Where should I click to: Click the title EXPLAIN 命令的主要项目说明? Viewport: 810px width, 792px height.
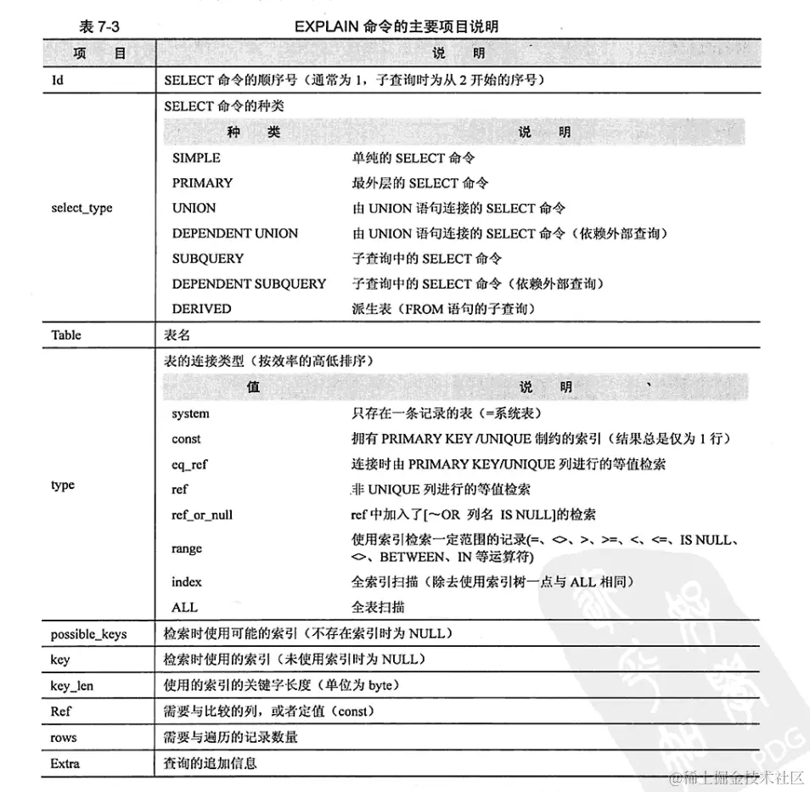point(397,27)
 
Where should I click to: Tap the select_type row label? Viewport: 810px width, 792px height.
point(82,208)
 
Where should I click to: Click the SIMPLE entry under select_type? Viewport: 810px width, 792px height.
point(196,158)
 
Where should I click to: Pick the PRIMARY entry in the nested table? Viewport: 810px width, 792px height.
point(202,183)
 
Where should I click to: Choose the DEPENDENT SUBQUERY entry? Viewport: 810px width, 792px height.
point(249,284)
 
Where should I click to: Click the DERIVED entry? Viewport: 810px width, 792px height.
point(201,309)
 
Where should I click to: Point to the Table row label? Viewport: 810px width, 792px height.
point(66,334)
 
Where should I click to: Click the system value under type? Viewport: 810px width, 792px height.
point(190,413)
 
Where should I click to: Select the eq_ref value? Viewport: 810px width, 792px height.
point(189,464)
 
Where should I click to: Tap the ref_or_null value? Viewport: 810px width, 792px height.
point(202,514)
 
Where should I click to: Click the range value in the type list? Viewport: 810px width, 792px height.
point(187,548)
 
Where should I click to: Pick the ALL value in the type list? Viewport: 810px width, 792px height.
point(184,607)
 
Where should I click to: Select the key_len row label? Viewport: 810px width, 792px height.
point(72,686)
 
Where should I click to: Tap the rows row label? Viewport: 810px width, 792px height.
point(64,738)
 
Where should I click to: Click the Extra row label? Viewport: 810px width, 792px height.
point(65,763)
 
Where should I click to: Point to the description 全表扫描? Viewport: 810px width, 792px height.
point(378,607)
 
